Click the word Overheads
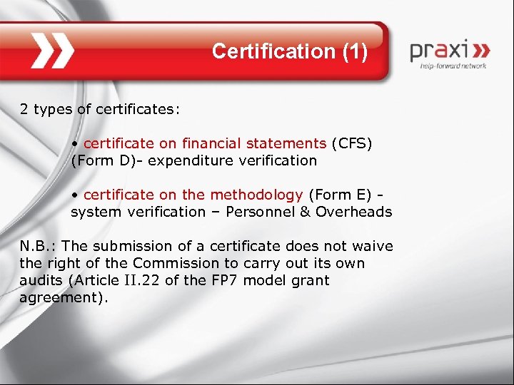(x=353, y=212)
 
